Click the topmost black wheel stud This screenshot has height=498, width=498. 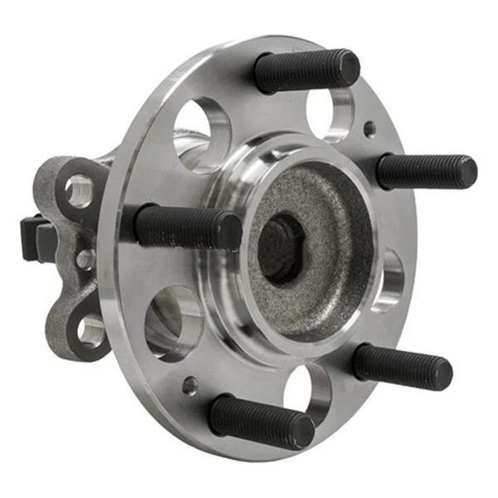pos(307,71)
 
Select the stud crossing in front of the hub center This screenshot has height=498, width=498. pos(187,227)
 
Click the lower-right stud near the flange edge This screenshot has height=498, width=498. pos(403,366)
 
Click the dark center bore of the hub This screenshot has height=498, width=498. pos(281,247)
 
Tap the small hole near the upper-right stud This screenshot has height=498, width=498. pos(369,129)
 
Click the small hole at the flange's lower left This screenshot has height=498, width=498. pos(190,385)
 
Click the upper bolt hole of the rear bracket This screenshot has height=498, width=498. pos(79,191)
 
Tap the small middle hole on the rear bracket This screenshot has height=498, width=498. pos(84,259)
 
